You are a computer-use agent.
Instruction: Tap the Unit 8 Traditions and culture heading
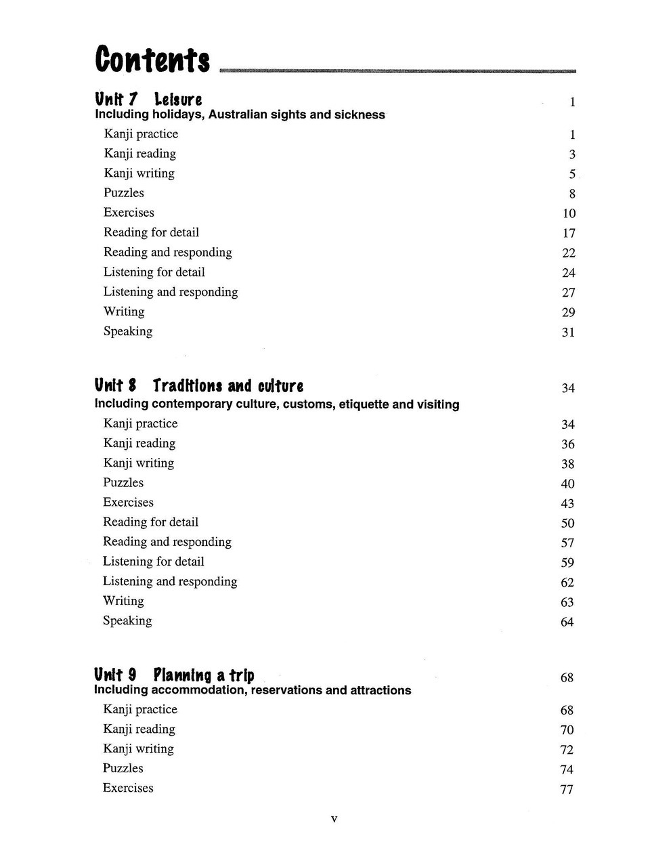coord(198,386)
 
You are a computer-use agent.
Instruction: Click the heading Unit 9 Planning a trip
coord(174,675)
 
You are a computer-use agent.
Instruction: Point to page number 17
coord(569,233)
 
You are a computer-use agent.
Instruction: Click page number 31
coord(568,332)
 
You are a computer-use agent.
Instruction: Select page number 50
coord(567,523)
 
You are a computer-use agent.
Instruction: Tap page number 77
coord(567,789)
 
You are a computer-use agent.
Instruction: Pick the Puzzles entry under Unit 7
coord(124,193)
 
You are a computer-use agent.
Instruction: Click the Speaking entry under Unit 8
coord(127,620)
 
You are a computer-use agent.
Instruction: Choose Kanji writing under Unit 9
coord(138,748)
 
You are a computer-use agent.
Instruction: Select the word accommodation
coord(198,690)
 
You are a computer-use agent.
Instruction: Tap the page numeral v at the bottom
coord(334,819)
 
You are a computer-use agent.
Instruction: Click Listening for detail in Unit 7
coord(154,272)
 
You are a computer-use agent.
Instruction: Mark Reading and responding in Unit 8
coord(167,542)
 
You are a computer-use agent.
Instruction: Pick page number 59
coord(567,562)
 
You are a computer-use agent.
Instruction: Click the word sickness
coord(360,115)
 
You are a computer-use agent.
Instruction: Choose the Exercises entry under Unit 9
coord(128,788)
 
